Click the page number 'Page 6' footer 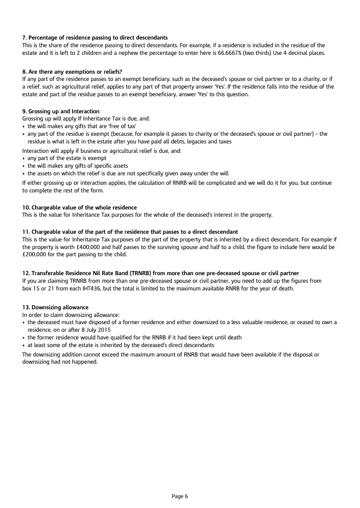(x=180, y=496)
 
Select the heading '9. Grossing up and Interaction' (x=61, y=111)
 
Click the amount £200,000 (x=36, y=255)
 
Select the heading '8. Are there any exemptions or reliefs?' (x=72, y=72)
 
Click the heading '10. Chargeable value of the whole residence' (x=80, y=207)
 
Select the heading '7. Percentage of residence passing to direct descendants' (x=95, y=37)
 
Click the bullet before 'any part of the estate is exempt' (x=24, y=159)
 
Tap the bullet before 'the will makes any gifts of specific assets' (x=24, y=166)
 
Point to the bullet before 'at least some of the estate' (x=24, y=345)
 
